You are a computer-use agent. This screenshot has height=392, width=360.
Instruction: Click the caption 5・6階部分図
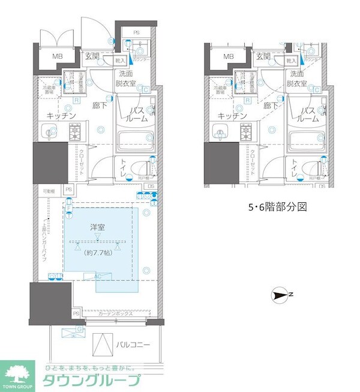click(278, 208)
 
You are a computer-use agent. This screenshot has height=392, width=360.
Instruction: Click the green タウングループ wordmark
click(91, 380)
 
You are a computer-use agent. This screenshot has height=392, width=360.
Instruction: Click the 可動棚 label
click(49, 191)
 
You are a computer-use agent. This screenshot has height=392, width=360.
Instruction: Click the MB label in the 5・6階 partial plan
click(228, 56)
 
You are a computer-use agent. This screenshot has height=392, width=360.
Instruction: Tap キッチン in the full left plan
click(60, 116)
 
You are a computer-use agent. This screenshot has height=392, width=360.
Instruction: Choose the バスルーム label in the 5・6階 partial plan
click(308, 115)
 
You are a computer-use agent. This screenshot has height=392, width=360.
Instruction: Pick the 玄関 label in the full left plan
click(94, 56)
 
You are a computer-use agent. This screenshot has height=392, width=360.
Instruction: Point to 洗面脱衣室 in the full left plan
click(127, 79)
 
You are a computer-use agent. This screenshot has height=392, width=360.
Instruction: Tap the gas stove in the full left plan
click(76, 130)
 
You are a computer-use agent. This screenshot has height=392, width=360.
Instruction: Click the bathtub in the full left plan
click(135, 142)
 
